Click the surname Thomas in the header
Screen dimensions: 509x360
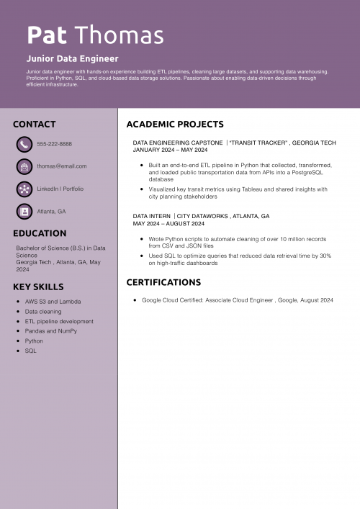[x=119, y=35]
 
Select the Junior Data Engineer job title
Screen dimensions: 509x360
[x=72, y=58]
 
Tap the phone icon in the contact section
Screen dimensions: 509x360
[x=24, y=144]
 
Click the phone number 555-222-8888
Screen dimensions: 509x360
[x=54, y=144]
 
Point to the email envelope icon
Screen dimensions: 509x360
[x=24, y=166]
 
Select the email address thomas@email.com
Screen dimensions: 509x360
[x=61, y=166]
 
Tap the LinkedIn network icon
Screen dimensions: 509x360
[x=24, y=189]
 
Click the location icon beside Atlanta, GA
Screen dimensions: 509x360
[x=24, y=211]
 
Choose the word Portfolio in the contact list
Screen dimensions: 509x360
[x=73, y=189]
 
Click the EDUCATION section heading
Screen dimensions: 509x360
[x=40, y=233]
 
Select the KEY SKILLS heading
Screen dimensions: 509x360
[x=38, y=287]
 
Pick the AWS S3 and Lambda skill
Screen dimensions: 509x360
[x=53, y=302]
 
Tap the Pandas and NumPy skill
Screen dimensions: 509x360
[x=50, y=331]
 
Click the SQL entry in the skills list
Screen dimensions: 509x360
[x=30, y=351]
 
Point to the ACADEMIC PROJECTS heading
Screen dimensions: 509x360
[x=175, y=124]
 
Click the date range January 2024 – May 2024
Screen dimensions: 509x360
[x=170, y=150]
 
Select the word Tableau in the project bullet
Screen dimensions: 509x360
[x=253, y=189]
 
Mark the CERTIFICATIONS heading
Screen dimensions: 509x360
[x=163, y=282]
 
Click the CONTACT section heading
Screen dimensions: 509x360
[x=34, y=124]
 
